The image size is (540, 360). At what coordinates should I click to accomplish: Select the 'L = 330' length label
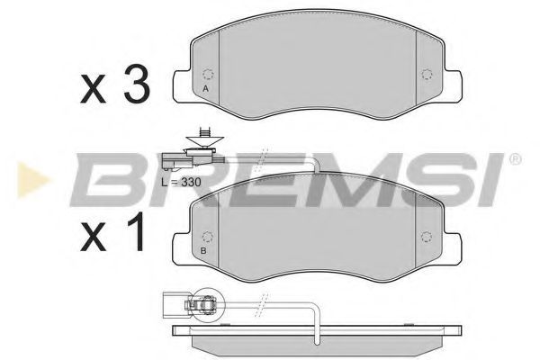(180, 181)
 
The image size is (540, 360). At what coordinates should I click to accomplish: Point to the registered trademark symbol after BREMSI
(515, 159)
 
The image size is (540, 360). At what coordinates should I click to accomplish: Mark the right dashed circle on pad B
(426, 237)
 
